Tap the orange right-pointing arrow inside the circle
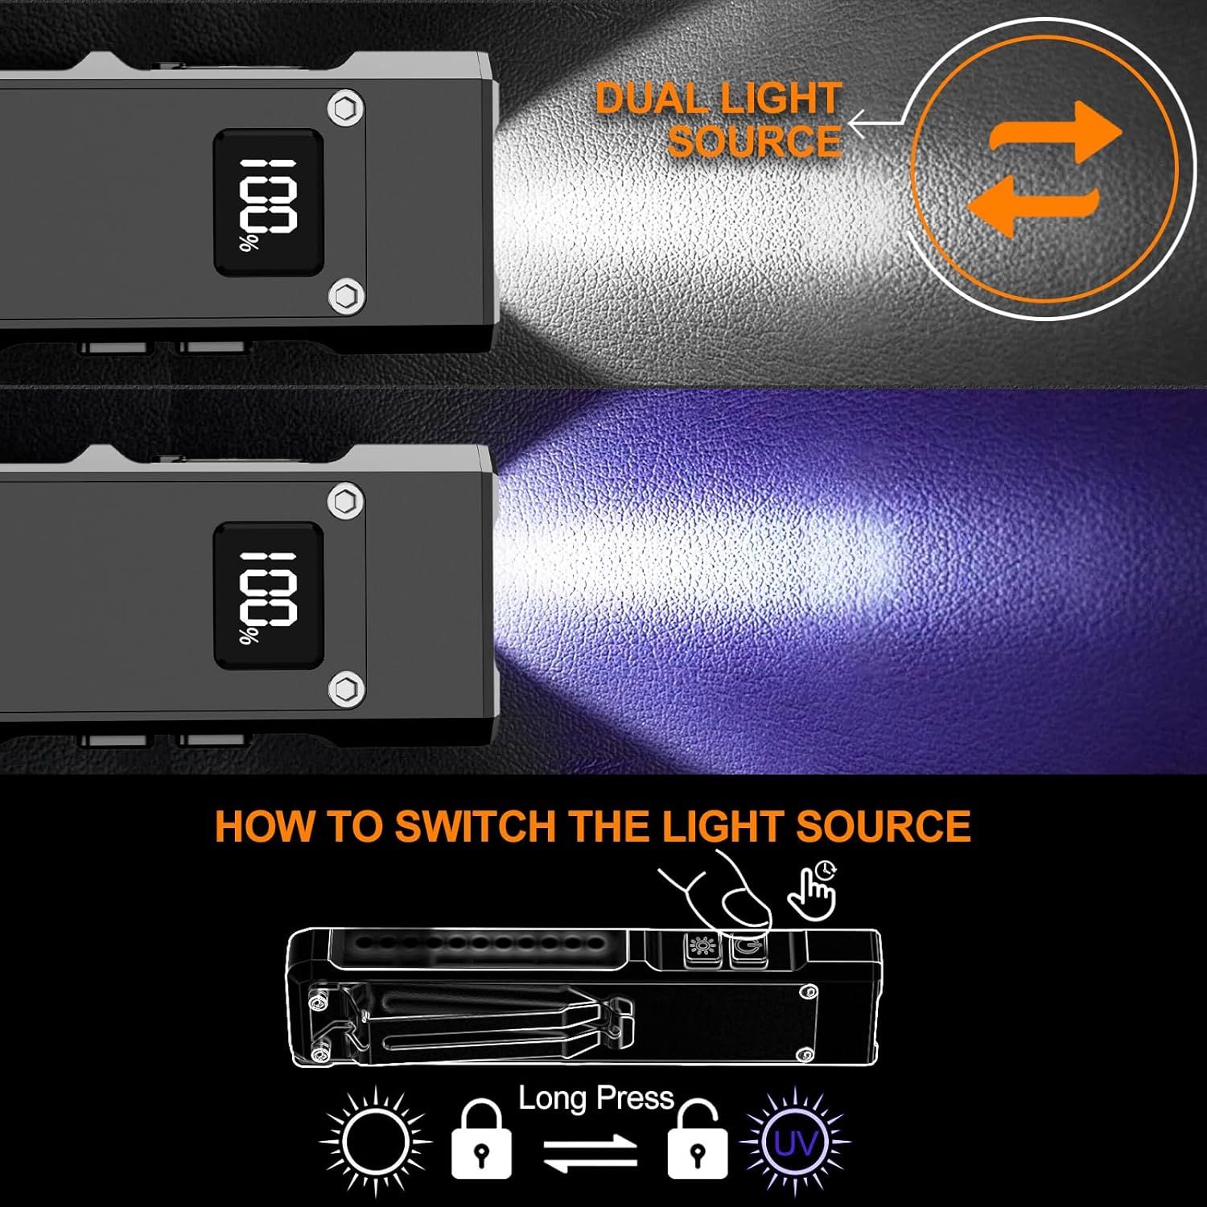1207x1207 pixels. (1054, 134)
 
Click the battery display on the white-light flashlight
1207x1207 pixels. (269, 202)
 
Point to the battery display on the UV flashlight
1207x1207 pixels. (269, 595)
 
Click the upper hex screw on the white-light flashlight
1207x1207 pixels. (346, 109)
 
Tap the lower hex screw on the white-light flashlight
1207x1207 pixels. (346, 295)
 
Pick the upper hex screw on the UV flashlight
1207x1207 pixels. (346, 503)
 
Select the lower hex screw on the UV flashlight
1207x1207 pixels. (346, 689)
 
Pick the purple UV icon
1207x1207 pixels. (794, 1140)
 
